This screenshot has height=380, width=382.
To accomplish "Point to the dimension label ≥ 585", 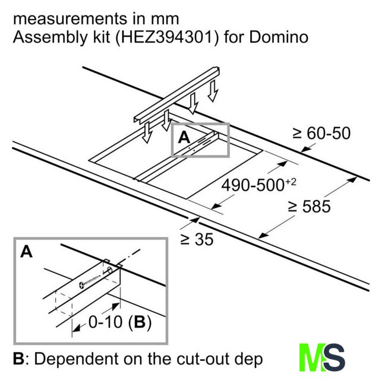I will pos(309,206).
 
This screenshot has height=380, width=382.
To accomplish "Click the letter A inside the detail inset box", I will pos(26,252).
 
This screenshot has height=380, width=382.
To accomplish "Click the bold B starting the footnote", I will pos(18,359).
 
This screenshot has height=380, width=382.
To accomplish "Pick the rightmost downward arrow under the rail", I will pos(213,91).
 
